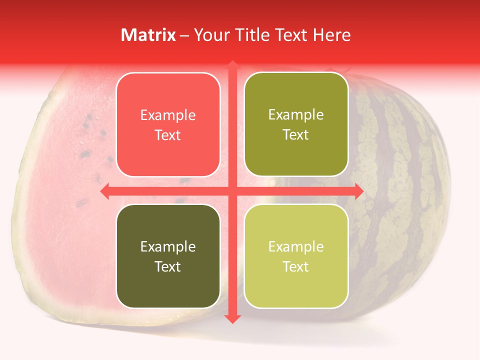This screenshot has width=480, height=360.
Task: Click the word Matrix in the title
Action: click(148, 35)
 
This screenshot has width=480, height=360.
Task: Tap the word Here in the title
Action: click(331, 35)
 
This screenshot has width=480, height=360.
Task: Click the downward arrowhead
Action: click(232, 319)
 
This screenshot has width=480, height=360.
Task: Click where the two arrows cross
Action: click(232, 191)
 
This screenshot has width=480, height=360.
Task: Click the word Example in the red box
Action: click(168, 115)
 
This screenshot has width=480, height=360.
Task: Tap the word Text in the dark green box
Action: click(168, 266)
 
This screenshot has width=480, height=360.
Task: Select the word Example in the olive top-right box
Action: click(296, 115)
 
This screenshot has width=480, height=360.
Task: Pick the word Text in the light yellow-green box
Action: click(296, 266)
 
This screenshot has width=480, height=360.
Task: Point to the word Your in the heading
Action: click(210, 35)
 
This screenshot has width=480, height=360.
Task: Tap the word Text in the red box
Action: click(168, 135)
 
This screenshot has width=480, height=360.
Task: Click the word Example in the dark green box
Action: click(168, 246)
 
